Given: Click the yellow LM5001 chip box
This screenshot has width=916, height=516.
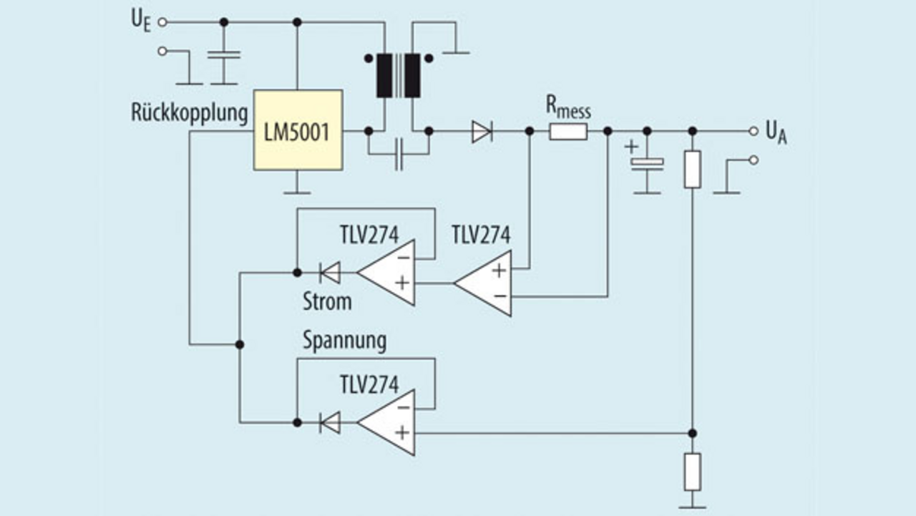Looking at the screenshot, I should (x=298, y=130).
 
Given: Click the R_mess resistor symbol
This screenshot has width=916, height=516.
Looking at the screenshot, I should (x=568, y=131).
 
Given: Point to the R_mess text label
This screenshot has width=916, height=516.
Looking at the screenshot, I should (x=568, y=108).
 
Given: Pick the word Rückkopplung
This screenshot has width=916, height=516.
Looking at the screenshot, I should (x=190, y=112).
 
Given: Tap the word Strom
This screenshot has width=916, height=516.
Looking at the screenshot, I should (x=327, y=301).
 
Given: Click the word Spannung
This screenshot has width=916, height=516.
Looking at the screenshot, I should (x=344, y=341).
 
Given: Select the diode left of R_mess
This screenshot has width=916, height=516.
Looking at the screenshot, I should (x=482, y=131).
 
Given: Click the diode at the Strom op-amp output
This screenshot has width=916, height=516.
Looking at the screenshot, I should (x=330, y=272).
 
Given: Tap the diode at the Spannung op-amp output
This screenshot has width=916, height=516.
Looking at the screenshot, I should (x=330, y=422).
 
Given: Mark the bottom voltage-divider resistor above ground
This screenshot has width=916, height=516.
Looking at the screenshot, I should (x=692, y=471).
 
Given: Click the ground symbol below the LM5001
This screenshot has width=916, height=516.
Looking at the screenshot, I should (x=297, y=190).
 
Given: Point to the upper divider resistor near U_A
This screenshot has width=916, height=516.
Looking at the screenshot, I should (x=692, y=170).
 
